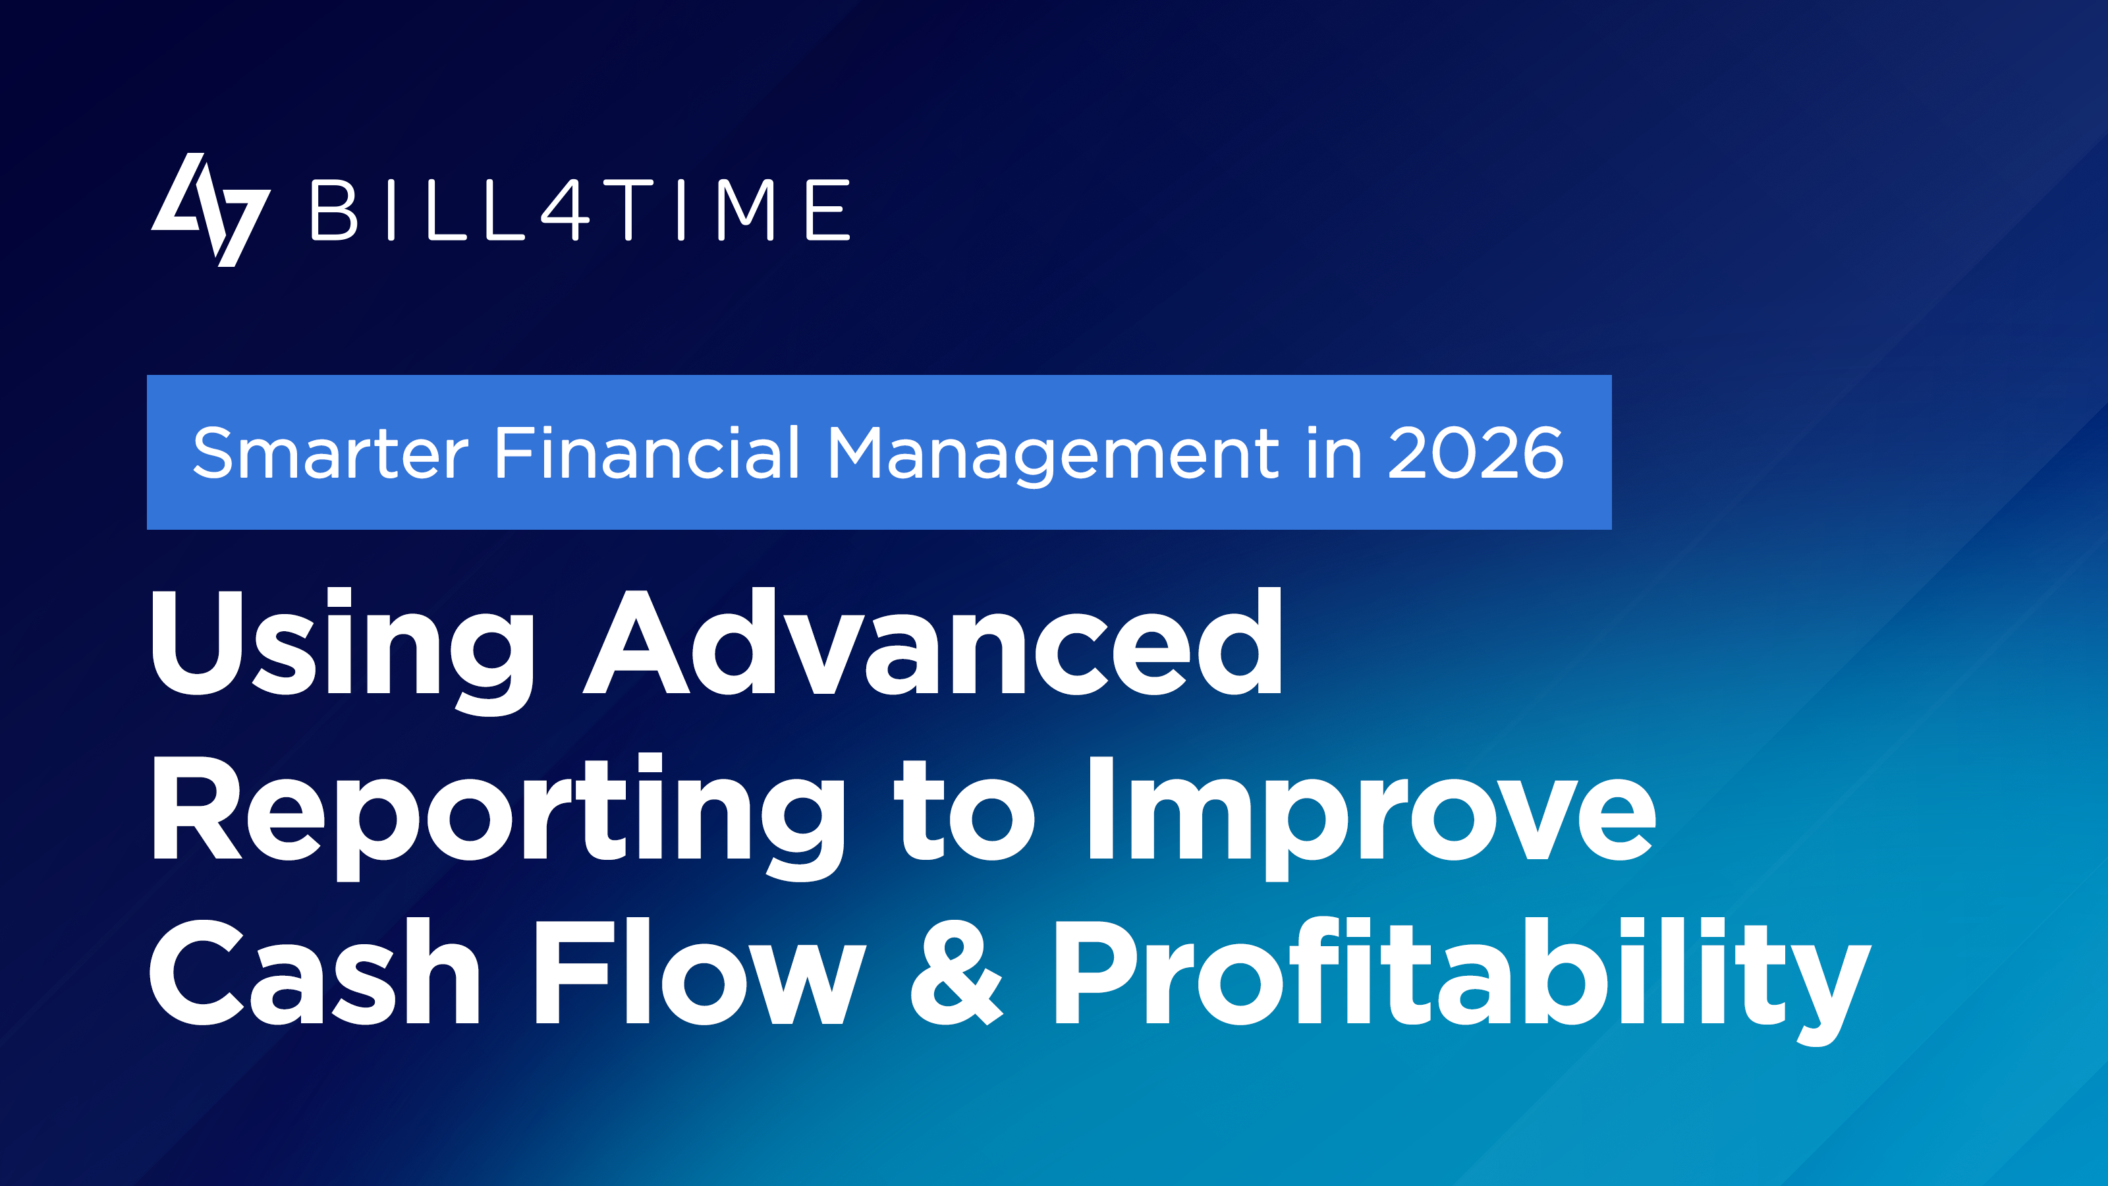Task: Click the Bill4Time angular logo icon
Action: pos(210,210)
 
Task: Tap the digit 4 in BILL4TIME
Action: pos(565,210)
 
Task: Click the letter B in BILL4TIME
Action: pos(334,210)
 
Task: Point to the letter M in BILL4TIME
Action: pos(746,210)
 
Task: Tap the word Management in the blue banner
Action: pos(1053,455)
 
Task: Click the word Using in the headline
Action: pos(343,652)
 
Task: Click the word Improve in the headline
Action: pos(1372,817)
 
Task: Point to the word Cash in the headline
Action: pos(314,973)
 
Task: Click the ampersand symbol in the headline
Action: pos(957,973)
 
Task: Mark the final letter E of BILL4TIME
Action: pos(828,210)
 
